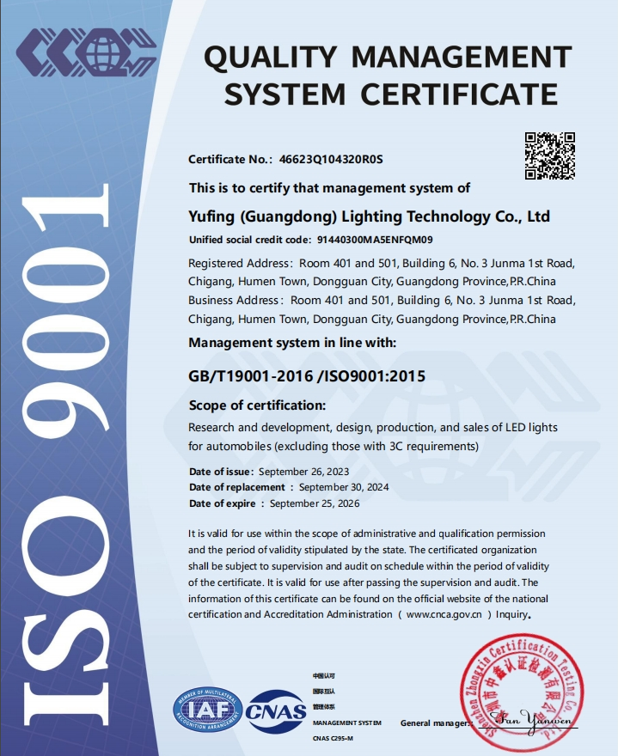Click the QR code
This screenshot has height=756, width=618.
pos(549,155)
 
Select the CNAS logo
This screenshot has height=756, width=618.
pos(277,710)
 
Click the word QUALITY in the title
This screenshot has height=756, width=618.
pos(272,58)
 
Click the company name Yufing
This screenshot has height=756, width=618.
pos(211,216)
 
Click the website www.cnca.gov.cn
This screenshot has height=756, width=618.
pos(443,614)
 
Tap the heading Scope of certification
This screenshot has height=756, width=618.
pos(256,405)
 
